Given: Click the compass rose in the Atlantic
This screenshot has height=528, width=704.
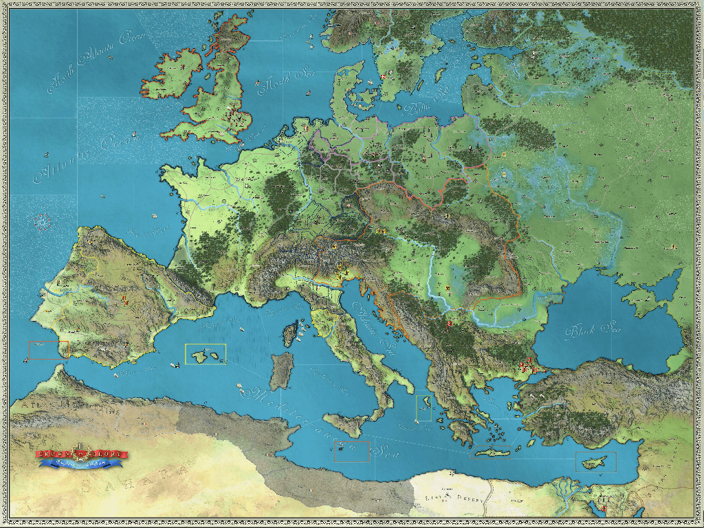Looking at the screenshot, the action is [42, 221].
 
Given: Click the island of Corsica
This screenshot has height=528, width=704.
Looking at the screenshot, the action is [291, 335].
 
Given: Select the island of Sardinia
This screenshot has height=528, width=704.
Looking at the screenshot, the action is [280, 371].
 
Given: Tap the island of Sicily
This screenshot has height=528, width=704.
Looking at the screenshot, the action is [346, 425].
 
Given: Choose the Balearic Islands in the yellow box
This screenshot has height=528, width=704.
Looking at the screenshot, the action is [205, 355].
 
